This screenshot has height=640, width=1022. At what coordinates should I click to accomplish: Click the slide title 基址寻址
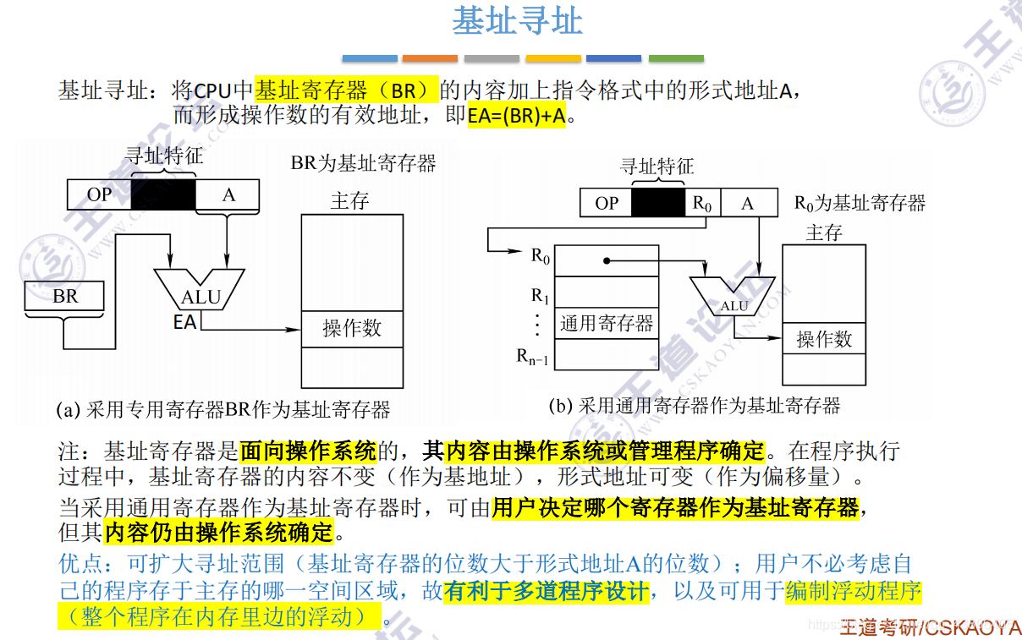coord(517,21)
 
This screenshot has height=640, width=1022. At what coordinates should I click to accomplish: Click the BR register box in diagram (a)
coord(65,296)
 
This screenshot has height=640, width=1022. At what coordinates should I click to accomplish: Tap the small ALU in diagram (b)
coord(734,298)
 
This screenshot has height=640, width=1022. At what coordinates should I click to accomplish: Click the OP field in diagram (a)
coord(99,194)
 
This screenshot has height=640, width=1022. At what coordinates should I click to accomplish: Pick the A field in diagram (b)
coord(747,203)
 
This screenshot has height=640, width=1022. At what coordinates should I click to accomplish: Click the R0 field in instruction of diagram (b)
coord(702,203)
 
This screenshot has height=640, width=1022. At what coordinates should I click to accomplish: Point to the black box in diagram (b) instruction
coord(658,203)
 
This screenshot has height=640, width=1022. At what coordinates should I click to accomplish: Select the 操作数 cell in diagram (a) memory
coord(352,328)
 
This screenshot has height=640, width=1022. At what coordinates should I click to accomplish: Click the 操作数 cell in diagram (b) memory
coord(824,338)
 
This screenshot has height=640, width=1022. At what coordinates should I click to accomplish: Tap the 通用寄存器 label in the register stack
coord(606,323)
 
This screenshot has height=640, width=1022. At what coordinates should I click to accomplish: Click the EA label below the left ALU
coord(184,322)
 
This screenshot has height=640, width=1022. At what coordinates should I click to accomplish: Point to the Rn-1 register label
coord(533,358)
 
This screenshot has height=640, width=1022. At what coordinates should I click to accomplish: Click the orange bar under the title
coord(430,58)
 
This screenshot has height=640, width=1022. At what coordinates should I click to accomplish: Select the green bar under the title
coord(676,58)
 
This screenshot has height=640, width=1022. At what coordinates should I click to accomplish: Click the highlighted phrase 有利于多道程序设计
coord(546,591)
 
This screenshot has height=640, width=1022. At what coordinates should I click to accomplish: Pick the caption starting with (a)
coord(223,410)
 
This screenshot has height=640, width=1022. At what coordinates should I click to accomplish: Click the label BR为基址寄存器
coord(364,162)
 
